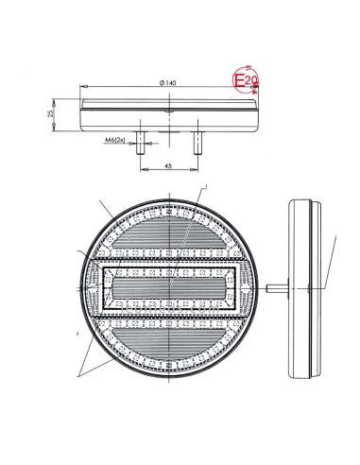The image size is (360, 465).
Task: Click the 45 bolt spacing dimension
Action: [168, 165]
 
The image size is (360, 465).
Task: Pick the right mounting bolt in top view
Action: [197, 142]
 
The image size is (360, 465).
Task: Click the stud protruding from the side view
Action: [275, 285]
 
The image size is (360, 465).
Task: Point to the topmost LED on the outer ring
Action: [169, 207]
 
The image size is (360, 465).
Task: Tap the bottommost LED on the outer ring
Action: [169, 366]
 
